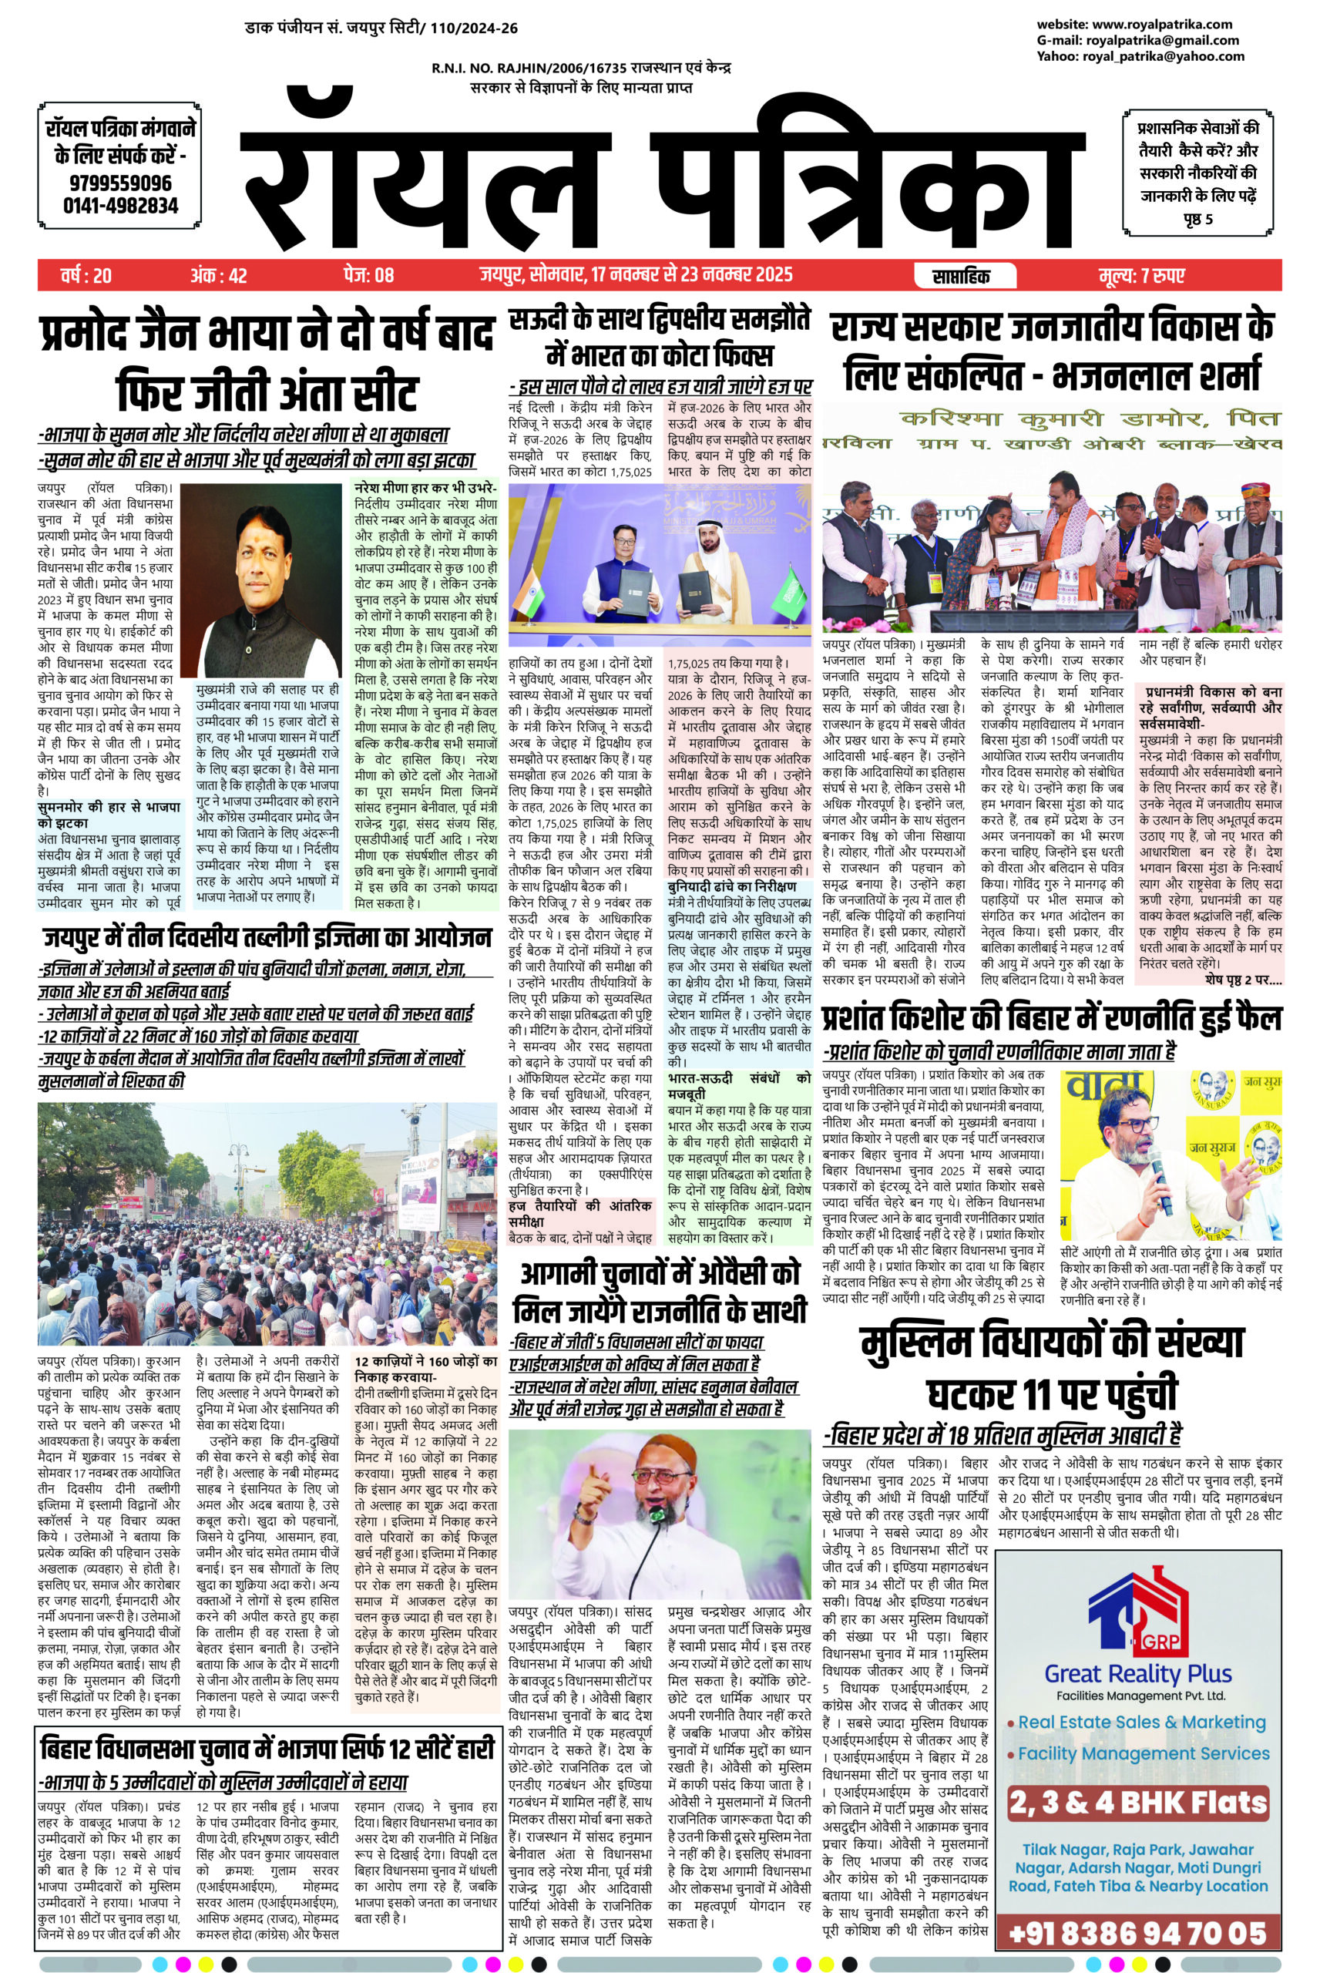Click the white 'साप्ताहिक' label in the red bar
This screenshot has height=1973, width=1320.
pyautogui.click(x=962, y=276)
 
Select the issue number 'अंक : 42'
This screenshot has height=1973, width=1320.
pyautogui.click(x=218, y=276)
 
